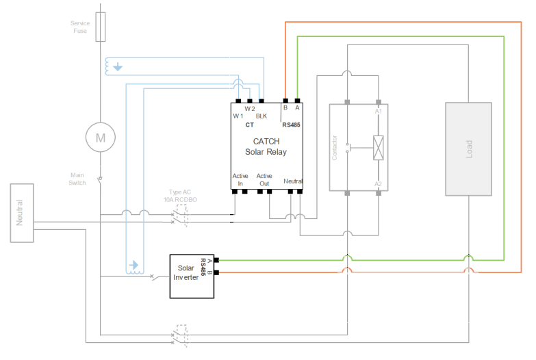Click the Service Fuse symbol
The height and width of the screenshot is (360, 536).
[x=100, y=27]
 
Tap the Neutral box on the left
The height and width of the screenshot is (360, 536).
[x=22, y=213]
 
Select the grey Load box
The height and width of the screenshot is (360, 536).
[x=469, y=149]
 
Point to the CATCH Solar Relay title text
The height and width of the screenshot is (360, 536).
[x=266, y=146]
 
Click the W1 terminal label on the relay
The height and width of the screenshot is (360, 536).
[x=238, y=116]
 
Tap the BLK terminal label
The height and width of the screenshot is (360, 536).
[x=261, y=116]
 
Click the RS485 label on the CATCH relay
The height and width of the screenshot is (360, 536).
[x=291, y=125]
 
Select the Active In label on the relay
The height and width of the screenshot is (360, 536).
[x=240, y=179]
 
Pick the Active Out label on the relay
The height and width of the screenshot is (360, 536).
[x=264, y=179]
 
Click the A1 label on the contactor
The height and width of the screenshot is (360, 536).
[x=378, y=112]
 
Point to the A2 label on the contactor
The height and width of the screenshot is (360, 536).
[x=378, y=184]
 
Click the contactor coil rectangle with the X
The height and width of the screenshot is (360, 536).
[x=379, y=148]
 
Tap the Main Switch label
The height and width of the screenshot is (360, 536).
[x=77, y=179]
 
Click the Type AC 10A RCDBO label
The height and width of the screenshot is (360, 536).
[x=180, y=196]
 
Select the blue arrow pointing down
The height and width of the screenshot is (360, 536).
[x=118, y=66]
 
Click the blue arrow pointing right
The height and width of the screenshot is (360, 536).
[x=133, y=265]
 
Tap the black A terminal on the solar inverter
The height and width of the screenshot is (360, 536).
[x=216, y=260]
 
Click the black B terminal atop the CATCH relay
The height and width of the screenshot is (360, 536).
[x=285, y=101]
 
